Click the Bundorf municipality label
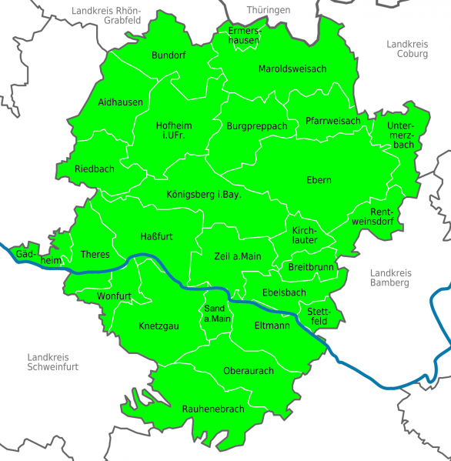tap(169, 55)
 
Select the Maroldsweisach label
tap(292, 68)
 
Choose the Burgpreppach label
tap(257, 125)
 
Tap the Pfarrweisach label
tap(332, 121)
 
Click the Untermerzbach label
tap(401, 135)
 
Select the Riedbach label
tap(95, 169)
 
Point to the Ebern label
tap(319, 180)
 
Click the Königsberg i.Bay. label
tap(204, 195)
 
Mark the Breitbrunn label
tap(311, 267)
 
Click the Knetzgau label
tap(159, 326)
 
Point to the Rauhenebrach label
tap(213, 409)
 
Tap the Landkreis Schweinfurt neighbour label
tap(52, 362)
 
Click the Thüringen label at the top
tap(269, 9)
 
